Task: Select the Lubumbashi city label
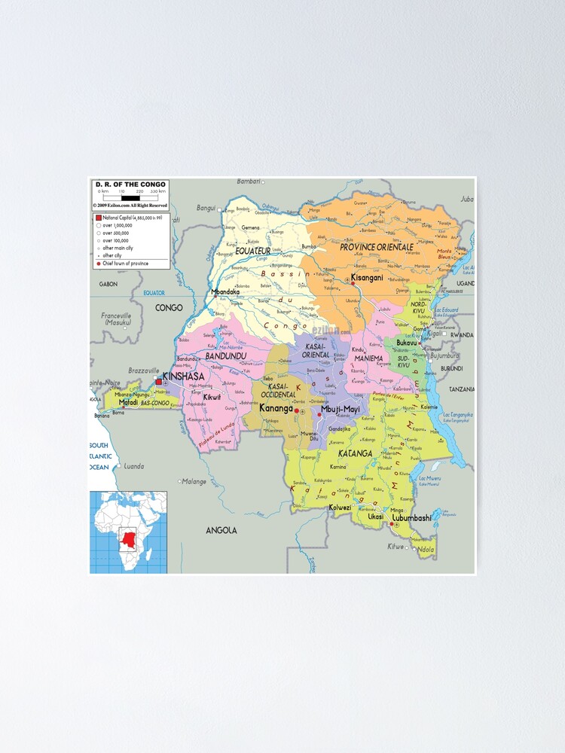(411, 517)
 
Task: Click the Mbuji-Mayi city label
(340, 410)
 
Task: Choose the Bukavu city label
(407, 343)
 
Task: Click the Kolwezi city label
(341, 508)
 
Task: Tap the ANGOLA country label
(221, 530)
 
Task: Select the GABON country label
(108, 284)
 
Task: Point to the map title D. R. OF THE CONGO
(130, 184)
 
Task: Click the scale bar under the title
(130, 198)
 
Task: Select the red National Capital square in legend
(98, 217)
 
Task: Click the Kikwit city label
(212, 396)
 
